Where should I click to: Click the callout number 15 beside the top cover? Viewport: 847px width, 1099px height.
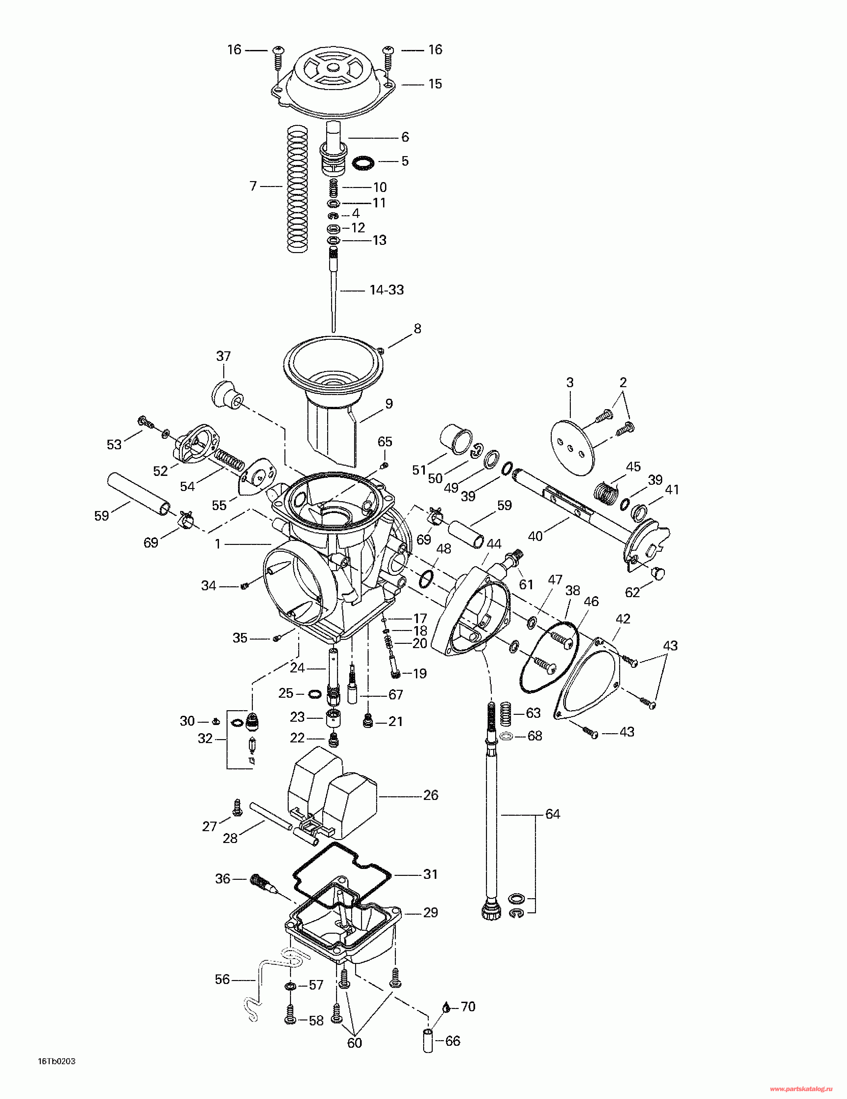click(x=435, y=84)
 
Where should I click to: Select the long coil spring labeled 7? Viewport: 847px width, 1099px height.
click(x=297, y=189)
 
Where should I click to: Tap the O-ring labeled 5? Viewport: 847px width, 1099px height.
click(x=363, y=163)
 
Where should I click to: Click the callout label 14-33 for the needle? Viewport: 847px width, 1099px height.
click(x=387, y=290)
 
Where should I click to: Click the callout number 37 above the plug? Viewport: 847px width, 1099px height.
click(x=224, y=356)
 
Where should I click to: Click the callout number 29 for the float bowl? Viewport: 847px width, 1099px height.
click(x=430, y=912)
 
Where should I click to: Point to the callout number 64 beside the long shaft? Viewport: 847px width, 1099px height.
click(x=553, y=814)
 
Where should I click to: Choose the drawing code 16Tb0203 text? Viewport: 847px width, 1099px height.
click(x=57, y=1062)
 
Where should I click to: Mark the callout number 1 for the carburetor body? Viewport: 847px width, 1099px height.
click(x=218, y=544)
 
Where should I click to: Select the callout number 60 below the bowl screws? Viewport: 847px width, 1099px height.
click(x=354, y=1043)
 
